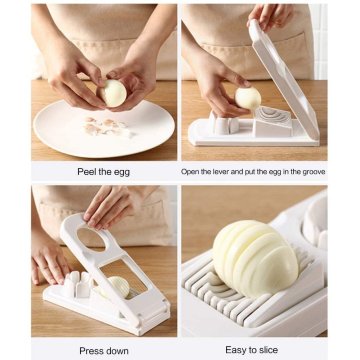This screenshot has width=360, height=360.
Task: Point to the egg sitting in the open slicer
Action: coord(248,98)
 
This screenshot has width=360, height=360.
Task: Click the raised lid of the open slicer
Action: coord(290,75)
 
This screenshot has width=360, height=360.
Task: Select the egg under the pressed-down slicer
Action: coord(117,288)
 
